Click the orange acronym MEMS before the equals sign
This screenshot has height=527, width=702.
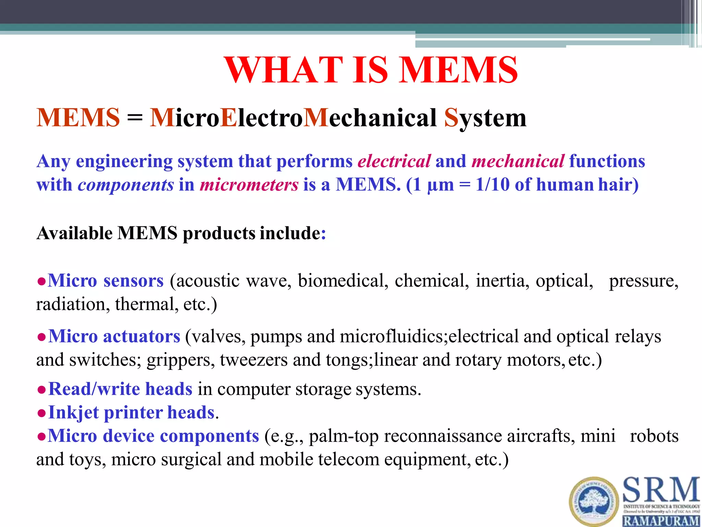[x=78, y=118]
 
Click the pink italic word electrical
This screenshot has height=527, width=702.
[x=394, y=161]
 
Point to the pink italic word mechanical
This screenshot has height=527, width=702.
[x=518, y=161]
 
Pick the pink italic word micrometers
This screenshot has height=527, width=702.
[x=249, y=185]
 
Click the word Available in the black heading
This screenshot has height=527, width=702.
[x=74, y=233]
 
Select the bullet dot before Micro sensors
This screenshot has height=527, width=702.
[x=41, y=282]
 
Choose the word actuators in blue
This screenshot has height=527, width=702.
[x=142, y=336]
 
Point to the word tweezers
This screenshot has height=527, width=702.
[x=254, y=360]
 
